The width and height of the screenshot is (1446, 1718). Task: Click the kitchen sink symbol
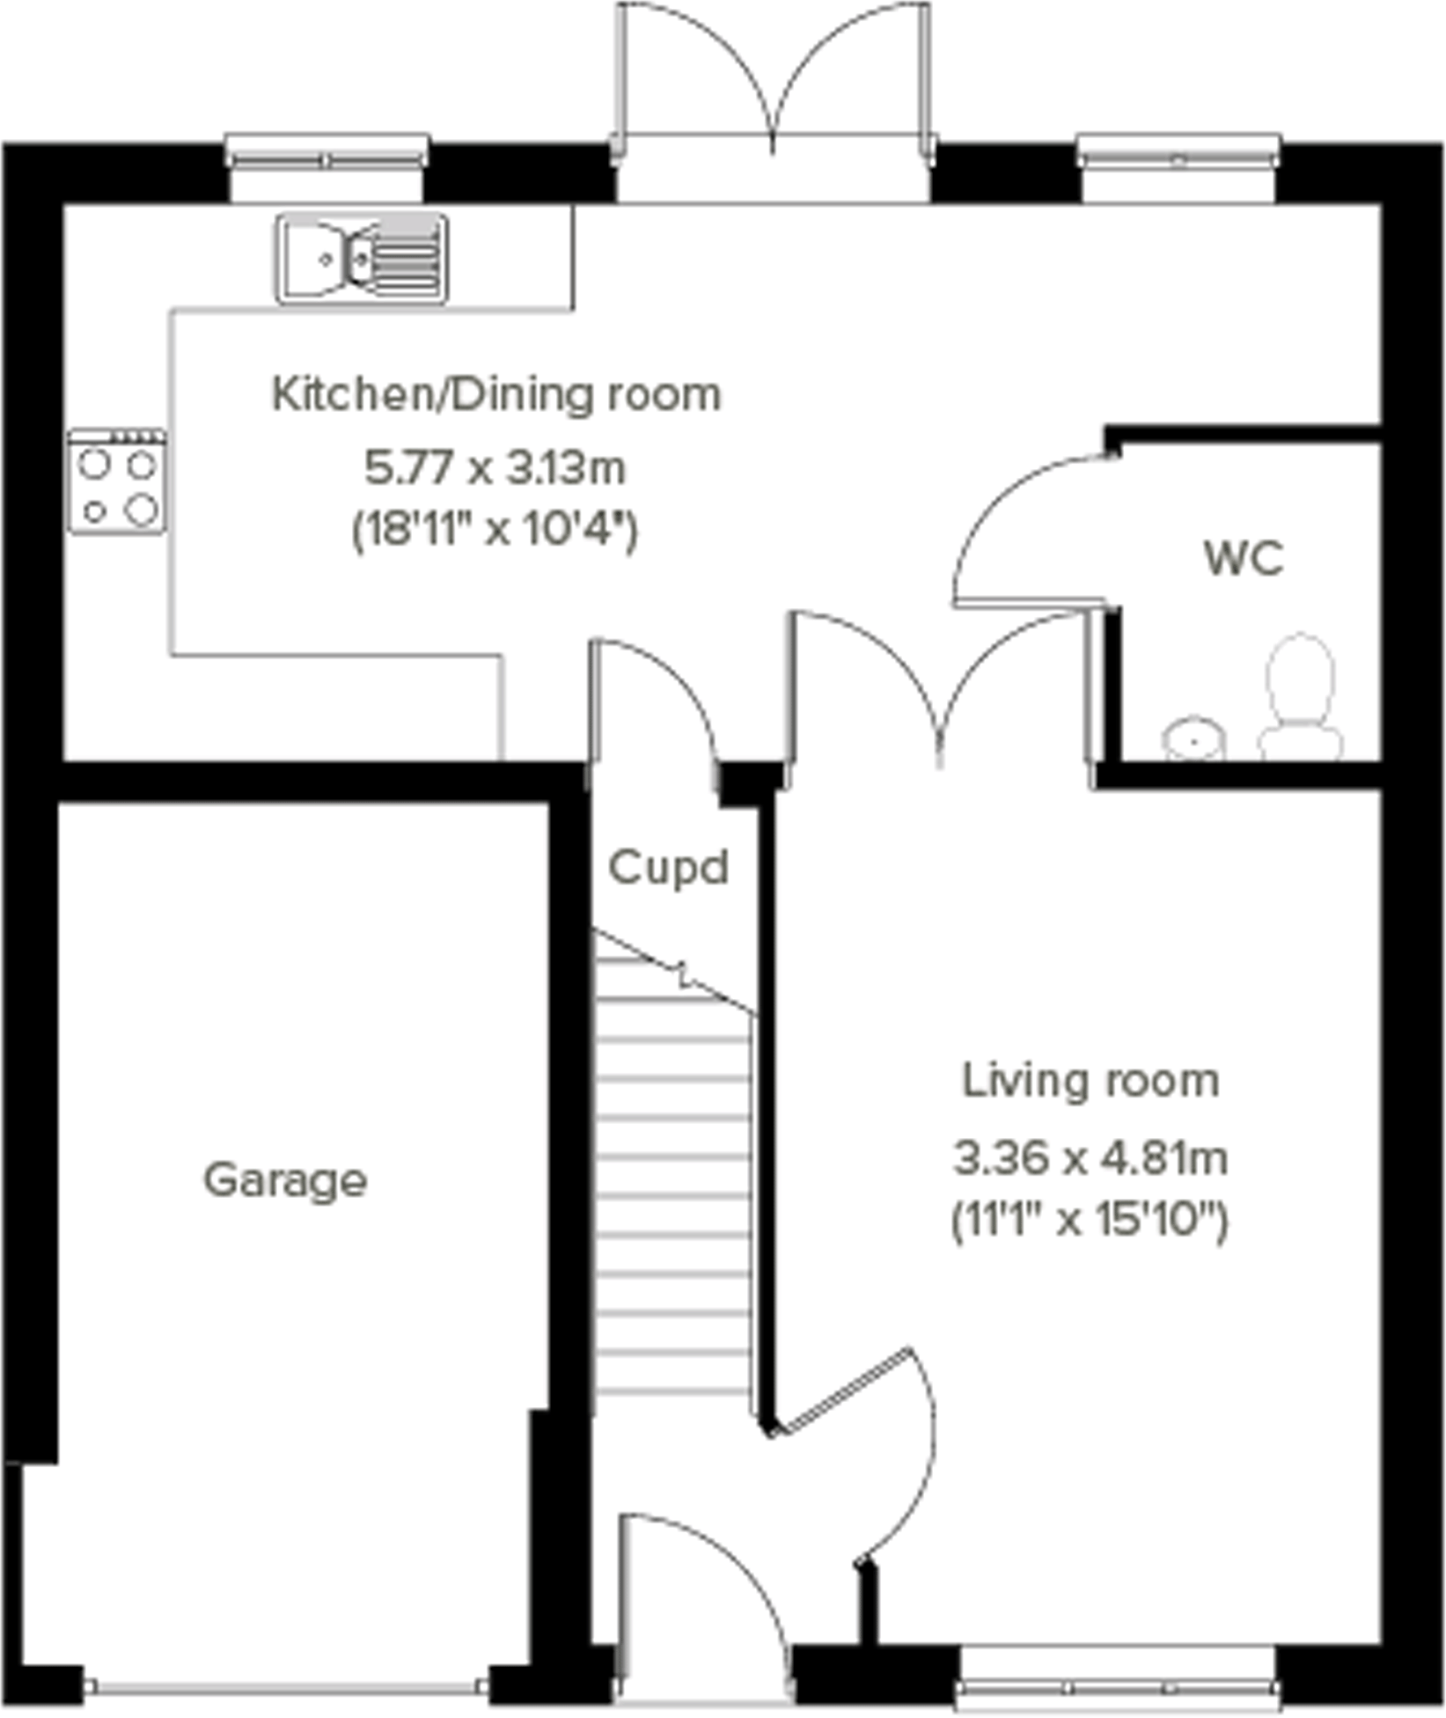coord(363,258)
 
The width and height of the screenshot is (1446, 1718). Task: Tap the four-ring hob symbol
coord(117,481)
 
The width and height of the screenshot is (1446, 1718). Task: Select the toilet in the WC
coord(1300,695)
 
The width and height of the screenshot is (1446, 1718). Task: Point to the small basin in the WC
coord(1193,738)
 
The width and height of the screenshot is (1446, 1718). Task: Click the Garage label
coord(285,1180)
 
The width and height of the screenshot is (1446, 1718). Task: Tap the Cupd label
coord(669,869)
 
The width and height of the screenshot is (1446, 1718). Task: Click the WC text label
coord(1244,558)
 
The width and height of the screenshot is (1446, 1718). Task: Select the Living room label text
coord(1090,1081)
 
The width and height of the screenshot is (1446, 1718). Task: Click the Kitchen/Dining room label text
coord(496,394)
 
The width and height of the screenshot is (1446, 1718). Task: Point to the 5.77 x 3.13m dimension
coord(495,468)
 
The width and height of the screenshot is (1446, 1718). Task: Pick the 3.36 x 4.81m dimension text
coord(1090,1158)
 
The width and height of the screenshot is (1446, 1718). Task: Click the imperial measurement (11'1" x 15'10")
coord(1090,1222)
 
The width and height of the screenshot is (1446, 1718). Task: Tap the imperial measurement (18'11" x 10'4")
coord(495,531)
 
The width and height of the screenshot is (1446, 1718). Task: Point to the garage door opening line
coord(285,1686)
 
